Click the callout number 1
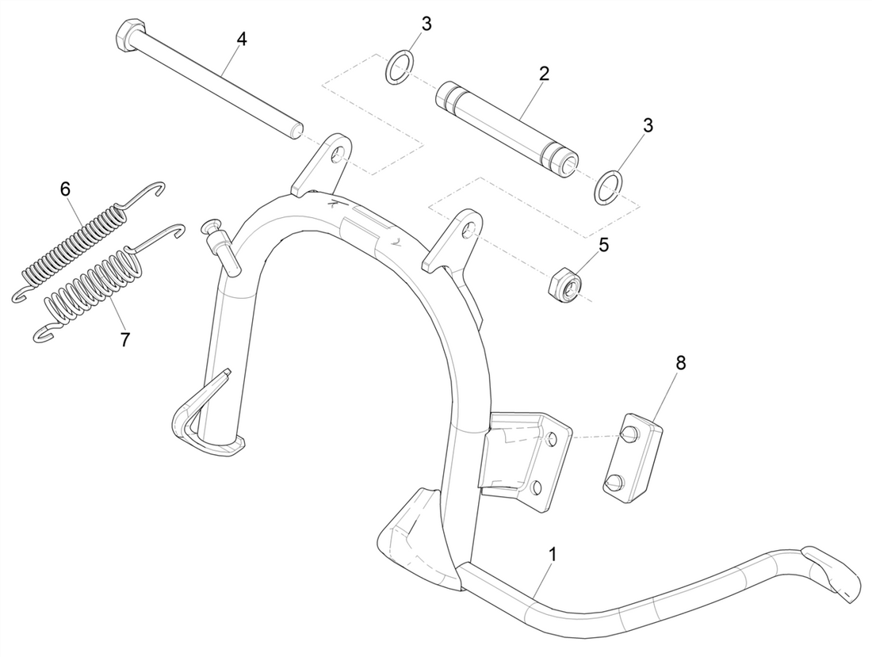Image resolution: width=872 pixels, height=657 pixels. pyautogui.click(x=552, y=553)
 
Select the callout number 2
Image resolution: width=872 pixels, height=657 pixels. pyautogui.click(x=543, y=74)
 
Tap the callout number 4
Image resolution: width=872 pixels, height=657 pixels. pyautogui.click(x=242, y=39)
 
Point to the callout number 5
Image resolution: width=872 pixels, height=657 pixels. pyautogui.click(x=604, y=245)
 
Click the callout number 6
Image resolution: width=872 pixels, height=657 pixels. pyautogui.click(x=65, y=189)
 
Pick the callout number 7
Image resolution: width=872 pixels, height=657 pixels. pyautogui.click(x=125, y=339)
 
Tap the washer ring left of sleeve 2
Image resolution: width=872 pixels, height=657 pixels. pyautogui.click(x=399, y=67)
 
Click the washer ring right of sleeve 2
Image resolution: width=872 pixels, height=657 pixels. pyautogui.click(x=608, y=185)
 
